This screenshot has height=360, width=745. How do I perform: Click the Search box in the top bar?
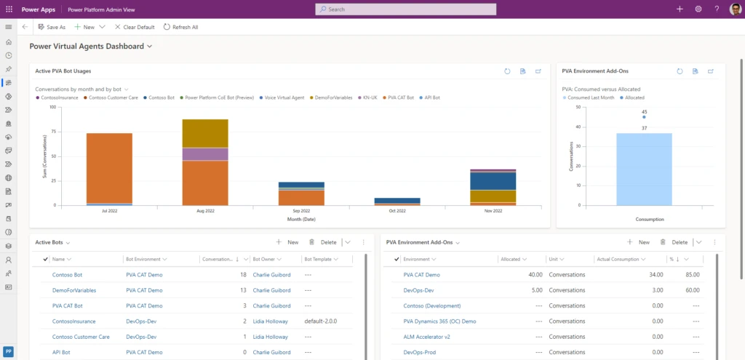click(x=405, y=9)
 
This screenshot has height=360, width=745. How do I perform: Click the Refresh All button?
click(x=180, y=27)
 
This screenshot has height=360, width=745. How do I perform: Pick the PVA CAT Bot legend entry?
click(x=400, y=97)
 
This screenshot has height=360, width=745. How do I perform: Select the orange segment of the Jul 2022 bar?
click(x=109, y=167)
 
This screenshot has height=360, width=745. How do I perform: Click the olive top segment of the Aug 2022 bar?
click(x=205, y=133)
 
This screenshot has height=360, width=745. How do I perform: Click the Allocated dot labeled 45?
click(x=644, y=117)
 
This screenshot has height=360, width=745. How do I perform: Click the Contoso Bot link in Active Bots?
click(x=68, y=275)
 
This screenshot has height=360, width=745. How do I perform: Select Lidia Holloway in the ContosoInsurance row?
click(x=271, y=321)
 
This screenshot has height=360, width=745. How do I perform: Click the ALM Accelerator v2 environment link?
click(x=426, y=337)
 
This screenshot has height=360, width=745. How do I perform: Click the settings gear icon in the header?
click(x=698, y=9)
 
